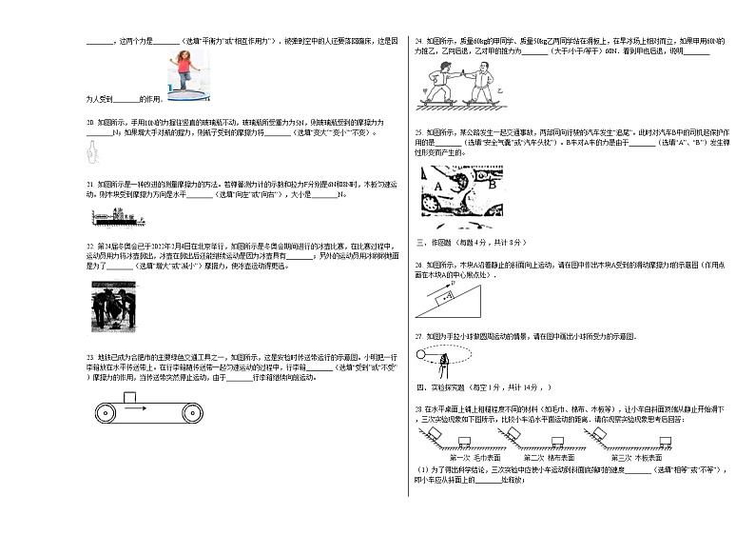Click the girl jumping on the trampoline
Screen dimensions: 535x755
[x=183, y=67]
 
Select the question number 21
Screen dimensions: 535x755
[x=89, y=183]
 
